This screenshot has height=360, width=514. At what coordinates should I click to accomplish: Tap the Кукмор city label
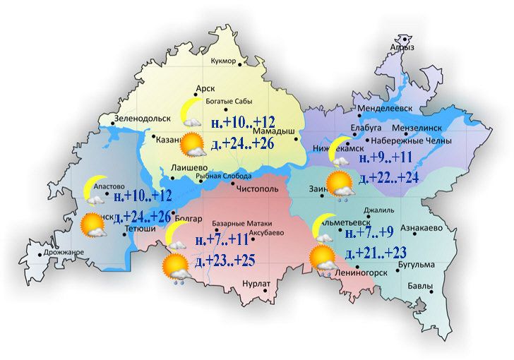pyautogui.click(x=223, y=61)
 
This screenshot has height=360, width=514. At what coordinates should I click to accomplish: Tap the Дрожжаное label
pyautogui.click(x=61, y=253)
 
